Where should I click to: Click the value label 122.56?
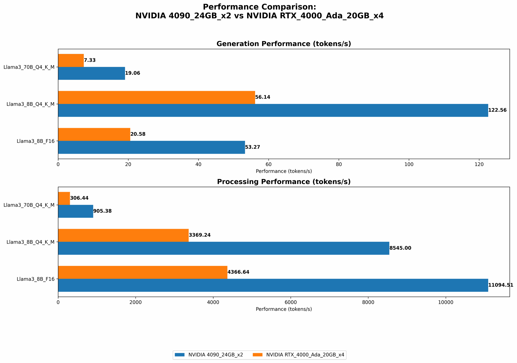pos(497,110)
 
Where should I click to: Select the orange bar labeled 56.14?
pos(156,97)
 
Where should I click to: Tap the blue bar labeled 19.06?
pos(92,73)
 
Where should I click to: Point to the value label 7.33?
pos(90,60)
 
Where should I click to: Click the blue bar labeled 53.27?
pos(151,147)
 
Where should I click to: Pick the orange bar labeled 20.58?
pos(94,134)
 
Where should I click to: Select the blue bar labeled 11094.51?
pos(273,285)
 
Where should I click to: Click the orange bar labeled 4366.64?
pos(143,272)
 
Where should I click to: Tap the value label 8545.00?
pos(400,248)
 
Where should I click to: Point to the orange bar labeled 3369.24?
pos(123,235)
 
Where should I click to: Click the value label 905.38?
pos(102,211)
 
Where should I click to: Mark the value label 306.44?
pos(79,198)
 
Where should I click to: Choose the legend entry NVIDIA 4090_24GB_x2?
pos(209,355)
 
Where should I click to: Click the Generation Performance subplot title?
pos(284,44)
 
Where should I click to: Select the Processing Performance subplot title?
pos(284,182)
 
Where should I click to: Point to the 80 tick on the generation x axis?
pos(339,164)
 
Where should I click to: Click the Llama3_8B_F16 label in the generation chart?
pos(36,141)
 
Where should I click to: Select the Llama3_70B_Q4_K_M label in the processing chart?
pos(29,205)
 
